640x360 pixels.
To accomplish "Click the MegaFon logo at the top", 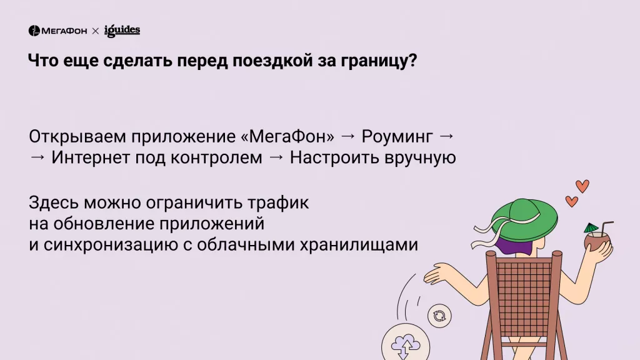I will click(57, 31).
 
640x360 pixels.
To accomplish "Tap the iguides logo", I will click(122, 30).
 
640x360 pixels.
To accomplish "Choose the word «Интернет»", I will click(91, 158).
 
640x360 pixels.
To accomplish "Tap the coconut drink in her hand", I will click(596, 240).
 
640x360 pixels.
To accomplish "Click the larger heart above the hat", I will click(582, 186).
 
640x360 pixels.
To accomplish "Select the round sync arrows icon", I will click(439, 316).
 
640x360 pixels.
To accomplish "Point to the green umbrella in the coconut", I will click(591, 227).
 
